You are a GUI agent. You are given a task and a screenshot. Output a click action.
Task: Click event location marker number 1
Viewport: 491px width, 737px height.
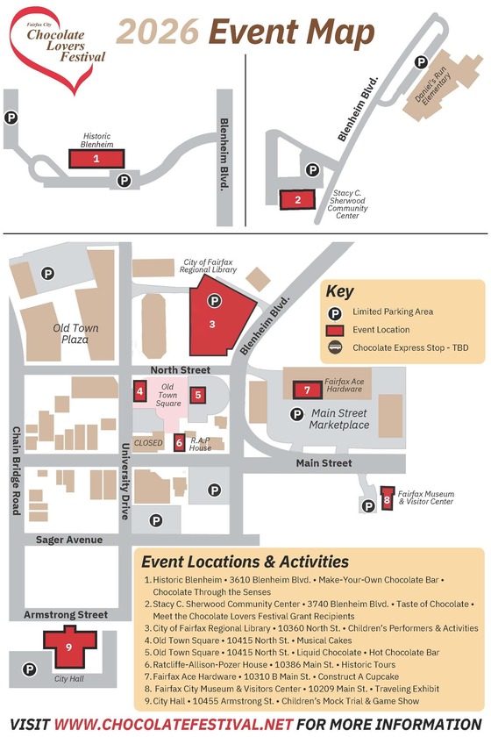(96, 159)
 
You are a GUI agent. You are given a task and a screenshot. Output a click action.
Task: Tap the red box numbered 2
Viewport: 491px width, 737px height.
(298, 200)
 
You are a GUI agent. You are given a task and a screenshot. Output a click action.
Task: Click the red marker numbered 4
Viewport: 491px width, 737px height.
(140, 390)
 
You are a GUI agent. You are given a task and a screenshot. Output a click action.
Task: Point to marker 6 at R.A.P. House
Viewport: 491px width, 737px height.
(180, 443)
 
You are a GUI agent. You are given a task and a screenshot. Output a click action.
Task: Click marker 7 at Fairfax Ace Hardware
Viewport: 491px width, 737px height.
(307, 390)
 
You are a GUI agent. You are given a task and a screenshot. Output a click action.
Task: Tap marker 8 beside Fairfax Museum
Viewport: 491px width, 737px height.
(387, 502)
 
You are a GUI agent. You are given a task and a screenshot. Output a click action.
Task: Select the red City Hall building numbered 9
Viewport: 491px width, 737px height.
(68, 648)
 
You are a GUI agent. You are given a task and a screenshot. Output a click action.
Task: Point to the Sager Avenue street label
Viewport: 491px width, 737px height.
(69, 540)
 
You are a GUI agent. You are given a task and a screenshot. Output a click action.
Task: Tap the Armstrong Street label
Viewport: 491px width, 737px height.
(66, 615)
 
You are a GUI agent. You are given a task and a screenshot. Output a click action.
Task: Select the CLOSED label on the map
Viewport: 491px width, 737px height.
(148, 443)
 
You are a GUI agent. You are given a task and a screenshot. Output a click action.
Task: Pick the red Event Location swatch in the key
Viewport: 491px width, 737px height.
(335, 330)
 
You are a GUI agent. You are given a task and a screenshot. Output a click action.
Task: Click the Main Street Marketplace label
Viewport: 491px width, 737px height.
(338, 419)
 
